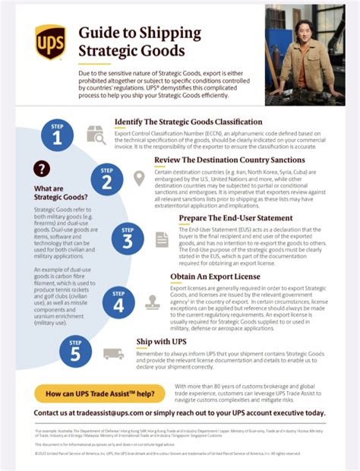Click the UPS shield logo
(50, 41)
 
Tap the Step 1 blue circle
(57, 134)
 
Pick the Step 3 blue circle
(127, 239)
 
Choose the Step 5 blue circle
(74, 352)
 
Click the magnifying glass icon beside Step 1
(96, 135)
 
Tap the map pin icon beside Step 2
(139, 179)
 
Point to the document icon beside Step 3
(162, 239)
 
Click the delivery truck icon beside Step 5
(113, 353)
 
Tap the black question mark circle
(43, 169)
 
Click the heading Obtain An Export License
(215, 277)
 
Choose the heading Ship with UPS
(163, 342)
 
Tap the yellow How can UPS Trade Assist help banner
(100, 394)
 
